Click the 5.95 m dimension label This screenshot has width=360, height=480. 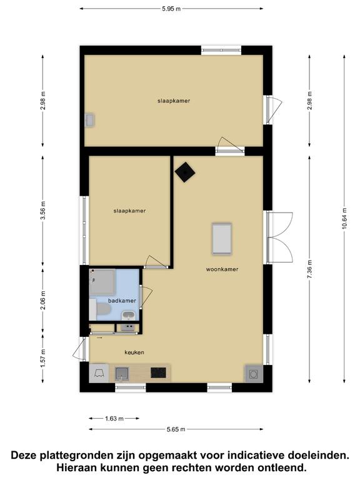tap(171, 9)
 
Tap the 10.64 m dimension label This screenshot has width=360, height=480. tap(344, 218)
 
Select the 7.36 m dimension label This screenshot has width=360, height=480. tap(309, 269)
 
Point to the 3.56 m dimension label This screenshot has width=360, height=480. tap(43, 210)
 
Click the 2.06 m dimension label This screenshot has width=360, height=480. tap(43, 300)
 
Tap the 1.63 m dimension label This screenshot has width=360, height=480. tap(114, 419)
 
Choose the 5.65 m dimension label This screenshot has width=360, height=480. tap(176, 429)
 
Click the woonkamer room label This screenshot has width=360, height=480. tap(222, 269)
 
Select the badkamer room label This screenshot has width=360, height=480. tap(122, 301)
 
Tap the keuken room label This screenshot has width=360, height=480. tap(134, 352)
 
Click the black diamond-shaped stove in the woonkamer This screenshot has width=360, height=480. tap(185, 172)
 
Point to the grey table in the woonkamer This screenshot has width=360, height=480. tap(222, 239)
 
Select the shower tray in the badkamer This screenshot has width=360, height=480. tap(102, 282)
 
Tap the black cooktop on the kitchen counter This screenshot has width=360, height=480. tap(158, 372)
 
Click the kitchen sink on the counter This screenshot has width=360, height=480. tap(122, 374)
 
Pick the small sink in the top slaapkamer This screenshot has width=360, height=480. tap(90, 120)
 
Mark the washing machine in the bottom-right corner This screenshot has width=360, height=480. tap(254, 374)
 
